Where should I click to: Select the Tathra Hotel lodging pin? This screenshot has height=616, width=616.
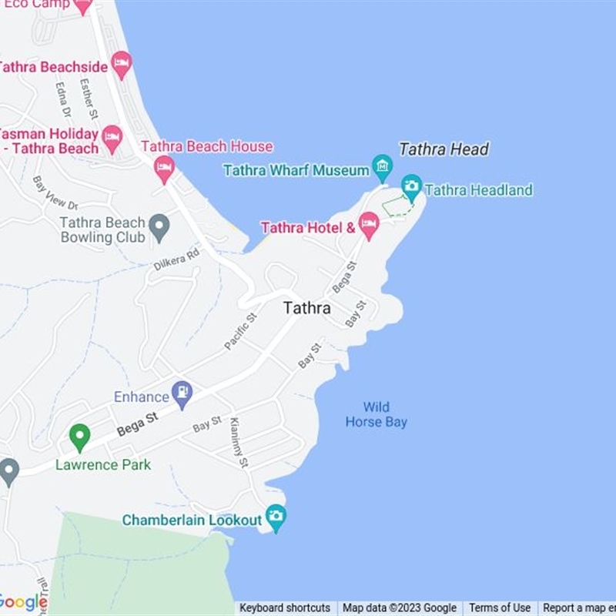coord(369,225)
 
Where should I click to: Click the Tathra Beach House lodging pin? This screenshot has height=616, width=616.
coord(164,168)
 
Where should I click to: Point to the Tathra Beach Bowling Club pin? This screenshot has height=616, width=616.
coord(159,228)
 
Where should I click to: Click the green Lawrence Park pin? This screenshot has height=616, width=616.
coord(79,437)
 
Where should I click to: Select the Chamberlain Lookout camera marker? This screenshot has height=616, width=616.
coord(275,517)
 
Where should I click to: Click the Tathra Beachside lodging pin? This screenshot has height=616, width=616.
coord(121,64)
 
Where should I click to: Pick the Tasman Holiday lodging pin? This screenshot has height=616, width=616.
coord(112,139)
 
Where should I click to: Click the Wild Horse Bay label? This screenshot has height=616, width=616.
coord(376,414)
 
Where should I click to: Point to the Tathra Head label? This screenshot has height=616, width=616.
coord(444,149)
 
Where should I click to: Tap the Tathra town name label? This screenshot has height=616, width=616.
coord(306,308)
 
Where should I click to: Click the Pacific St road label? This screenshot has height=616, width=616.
coord(240,332)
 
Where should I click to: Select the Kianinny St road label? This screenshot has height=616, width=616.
coord(239,443)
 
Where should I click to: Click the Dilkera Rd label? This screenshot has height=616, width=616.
coord(176,259)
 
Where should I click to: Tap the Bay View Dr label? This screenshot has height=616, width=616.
coord(55,193)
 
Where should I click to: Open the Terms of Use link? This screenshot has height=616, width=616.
coord(500,608)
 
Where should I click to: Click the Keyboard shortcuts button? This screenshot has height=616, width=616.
coord(285,608)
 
